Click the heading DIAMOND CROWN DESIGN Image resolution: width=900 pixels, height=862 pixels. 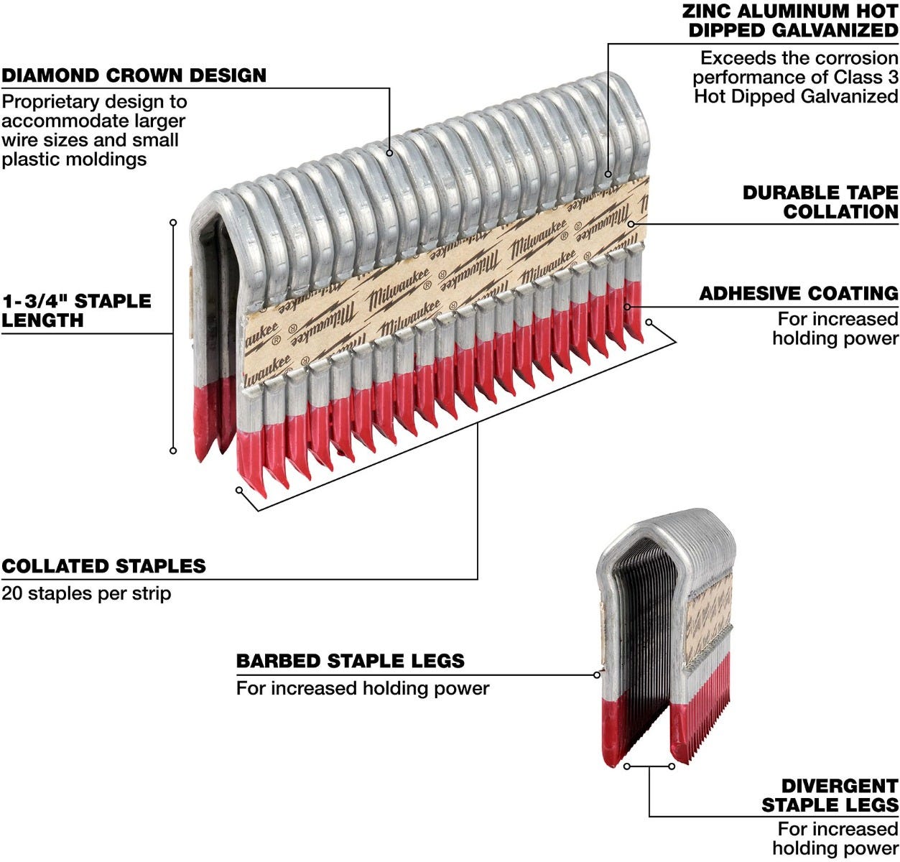pyautogui.click(x=134, y=75)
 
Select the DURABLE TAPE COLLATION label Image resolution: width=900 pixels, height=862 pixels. pyautogui.click(x=820, y=202)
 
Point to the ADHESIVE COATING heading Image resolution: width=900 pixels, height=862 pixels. pyautogui.click(x=799, y=293)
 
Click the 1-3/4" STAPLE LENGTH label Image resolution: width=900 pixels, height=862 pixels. pyautogui.click(x=76, y=310)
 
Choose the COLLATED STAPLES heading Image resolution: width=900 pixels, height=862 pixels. pyautogui.click(x=103, y=566)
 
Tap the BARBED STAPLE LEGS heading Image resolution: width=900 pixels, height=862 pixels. pyautogui.click(x=351, y=661)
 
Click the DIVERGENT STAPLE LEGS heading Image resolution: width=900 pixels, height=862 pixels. pyautogui.click(x=830, y=795)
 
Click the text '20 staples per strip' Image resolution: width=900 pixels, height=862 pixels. pyautogui.click(x=86, y=594)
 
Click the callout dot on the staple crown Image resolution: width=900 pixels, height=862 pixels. pyautogui.click(x=389, y=152)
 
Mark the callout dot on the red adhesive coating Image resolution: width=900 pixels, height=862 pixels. pyautogui.click(x=628, y=307)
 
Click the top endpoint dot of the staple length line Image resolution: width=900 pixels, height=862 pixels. pyautogui.click(x=173, y=223)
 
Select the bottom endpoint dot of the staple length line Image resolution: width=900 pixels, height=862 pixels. pyautogui.click(x=173, y=450)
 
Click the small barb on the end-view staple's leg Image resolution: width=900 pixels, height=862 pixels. pyautogui.click(x=598, y=674)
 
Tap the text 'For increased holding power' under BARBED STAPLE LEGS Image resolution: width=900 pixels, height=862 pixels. pyautogui.click(x=363, y=688)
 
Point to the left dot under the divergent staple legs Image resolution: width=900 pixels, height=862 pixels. pyautogui.click(x=627, y=766)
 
